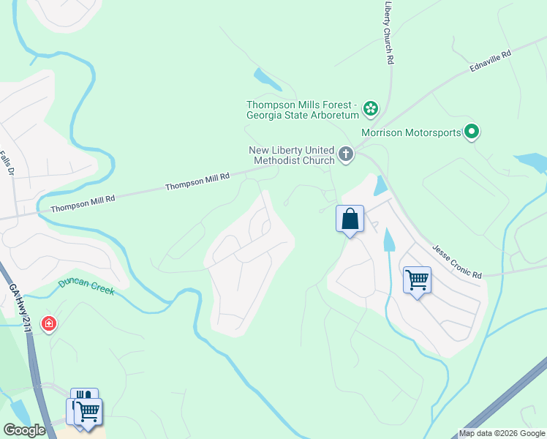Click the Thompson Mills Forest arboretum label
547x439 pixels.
(303, 110)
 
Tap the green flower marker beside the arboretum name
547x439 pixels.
(371, 109)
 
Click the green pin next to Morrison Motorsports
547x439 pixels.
(472, 132)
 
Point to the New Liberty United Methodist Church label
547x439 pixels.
(291, 154)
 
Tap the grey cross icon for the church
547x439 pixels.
(346, 154)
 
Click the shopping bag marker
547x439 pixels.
(350, 219)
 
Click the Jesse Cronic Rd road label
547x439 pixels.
(457, 262)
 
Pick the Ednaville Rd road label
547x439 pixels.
(490, 61)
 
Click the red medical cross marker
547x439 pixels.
(49, 323)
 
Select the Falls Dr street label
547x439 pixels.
(7, 163)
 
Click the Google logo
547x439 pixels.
(24, 430)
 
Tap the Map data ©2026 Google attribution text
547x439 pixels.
(502, 433)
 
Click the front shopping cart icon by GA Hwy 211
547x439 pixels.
(89, 412)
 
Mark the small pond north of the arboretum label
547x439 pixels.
(262, 77)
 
